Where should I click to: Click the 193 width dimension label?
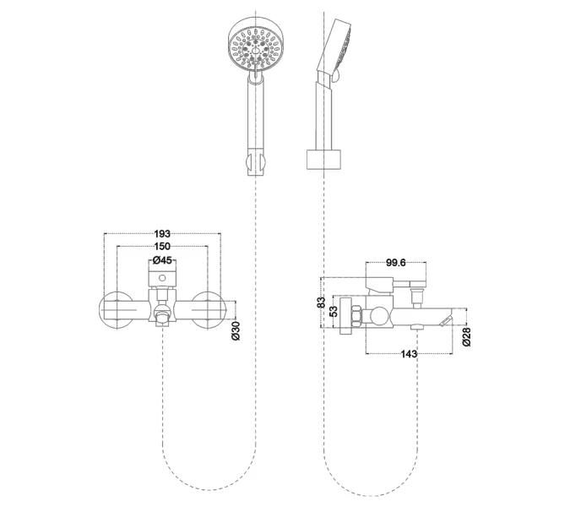162,233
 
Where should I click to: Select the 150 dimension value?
162,247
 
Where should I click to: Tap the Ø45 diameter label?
162,260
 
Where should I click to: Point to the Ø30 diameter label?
236,330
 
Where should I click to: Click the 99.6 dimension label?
395,263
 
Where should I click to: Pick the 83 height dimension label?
322,303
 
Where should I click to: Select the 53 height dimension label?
334,311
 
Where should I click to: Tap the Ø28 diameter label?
466,337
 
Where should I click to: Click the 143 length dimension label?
409,353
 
